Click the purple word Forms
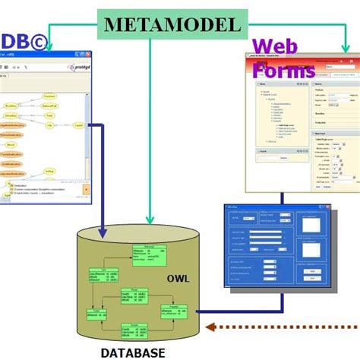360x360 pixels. click(x=284, y=71)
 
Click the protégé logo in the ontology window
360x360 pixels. click(x=72, y=68)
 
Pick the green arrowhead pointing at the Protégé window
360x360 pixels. click(x=50, y=48)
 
